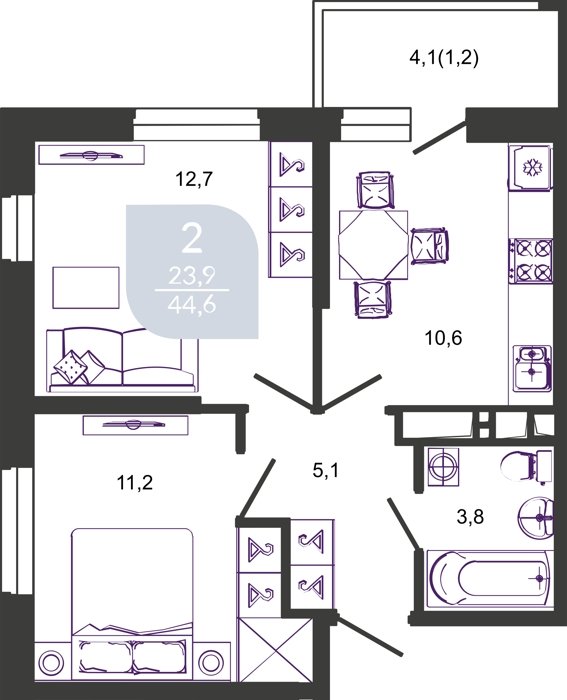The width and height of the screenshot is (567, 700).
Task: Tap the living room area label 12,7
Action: click(193, 180)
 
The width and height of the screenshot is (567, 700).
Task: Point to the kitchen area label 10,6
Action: click(443, 338)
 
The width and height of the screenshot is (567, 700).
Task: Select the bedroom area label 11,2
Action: click(135, 483)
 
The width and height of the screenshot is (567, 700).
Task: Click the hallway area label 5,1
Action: click(325, 470)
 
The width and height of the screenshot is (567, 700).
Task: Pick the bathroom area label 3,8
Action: click(471, 518)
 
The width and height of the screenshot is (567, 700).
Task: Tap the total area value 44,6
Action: click(192, 305)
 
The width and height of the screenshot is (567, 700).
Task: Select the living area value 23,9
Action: click(192, 278)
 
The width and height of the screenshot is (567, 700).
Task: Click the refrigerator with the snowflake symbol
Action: click(530, 168)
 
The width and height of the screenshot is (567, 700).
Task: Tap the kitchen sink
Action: click(532, 368)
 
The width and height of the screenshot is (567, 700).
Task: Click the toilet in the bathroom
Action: click(526, 467)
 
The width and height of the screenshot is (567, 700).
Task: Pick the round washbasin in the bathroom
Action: click(536, 518)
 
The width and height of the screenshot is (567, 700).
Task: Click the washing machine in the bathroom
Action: click(443, 467)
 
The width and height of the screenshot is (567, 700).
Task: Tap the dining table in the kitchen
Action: click(373, 245)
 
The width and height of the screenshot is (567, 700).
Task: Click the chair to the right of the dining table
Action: click(429, 246)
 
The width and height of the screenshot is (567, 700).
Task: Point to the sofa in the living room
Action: click(122, 360)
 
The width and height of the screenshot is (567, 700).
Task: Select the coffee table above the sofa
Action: click(86, 288)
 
